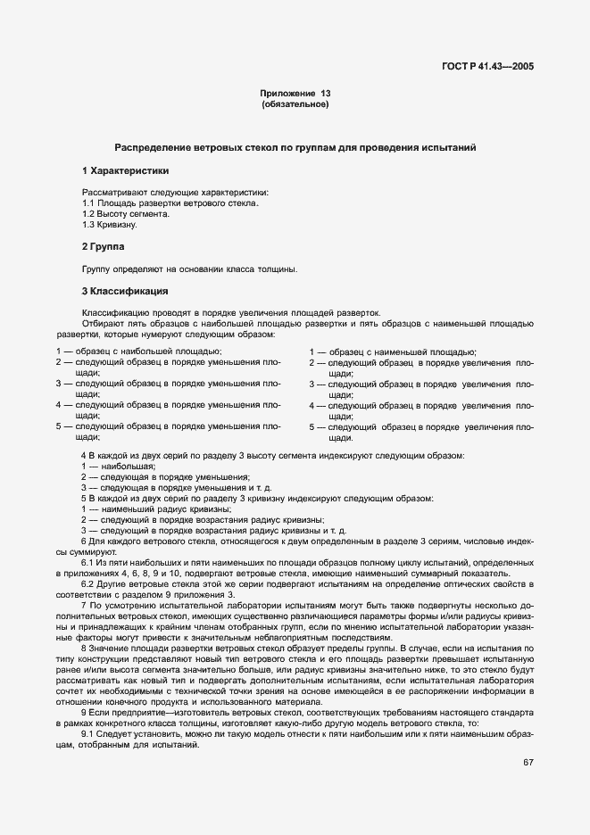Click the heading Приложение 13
(x=295, y=94)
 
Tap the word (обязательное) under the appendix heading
(x=295, y=105)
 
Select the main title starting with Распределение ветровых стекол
(x=295, y=146)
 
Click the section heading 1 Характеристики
(x=125, y=169)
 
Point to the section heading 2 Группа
(x=104, y=245)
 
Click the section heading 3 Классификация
(x=125, y=291)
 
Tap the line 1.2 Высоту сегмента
(x=126, y=214)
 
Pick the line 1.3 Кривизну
(x=110, y=225)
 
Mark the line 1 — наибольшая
(x=119, y=467)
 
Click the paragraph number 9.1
(x=88, y=709)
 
